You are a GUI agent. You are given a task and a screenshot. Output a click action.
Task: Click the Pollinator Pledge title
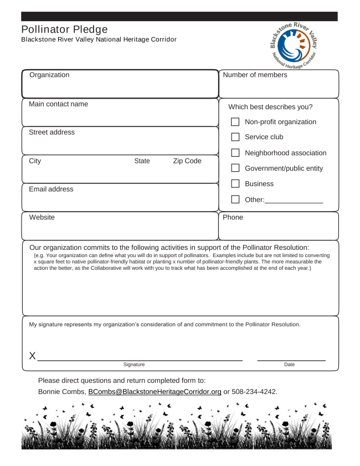64,29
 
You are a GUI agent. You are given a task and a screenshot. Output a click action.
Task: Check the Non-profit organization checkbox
235,122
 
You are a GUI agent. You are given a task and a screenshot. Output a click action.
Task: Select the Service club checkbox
235,137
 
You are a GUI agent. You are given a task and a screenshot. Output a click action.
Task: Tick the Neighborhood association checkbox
235,153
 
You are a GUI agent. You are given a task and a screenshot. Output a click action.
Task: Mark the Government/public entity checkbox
235,168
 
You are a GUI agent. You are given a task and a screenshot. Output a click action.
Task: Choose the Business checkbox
235,184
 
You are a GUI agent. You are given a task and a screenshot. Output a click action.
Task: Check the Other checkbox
235,199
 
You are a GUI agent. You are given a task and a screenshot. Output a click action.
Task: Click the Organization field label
49,75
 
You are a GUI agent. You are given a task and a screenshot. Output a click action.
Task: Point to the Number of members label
255,75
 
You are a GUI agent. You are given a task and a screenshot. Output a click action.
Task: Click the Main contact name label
58,104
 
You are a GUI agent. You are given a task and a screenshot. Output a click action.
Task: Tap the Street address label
52,132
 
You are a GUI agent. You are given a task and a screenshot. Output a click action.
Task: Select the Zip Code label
187,161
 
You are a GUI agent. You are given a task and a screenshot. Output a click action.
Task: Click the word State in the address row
142,161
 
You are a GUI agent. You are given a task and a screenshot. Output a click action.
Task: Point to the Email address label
51,190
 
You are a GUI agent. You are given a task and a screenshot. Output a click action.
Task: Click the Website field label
42,218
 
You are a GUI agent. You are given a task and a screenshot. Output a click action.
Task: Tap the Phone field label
233,218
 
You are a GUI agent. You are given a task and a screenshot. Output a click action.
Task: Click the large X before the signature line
32,356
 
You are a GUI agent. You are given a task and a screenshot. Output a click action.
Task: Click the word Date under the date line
289,365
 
